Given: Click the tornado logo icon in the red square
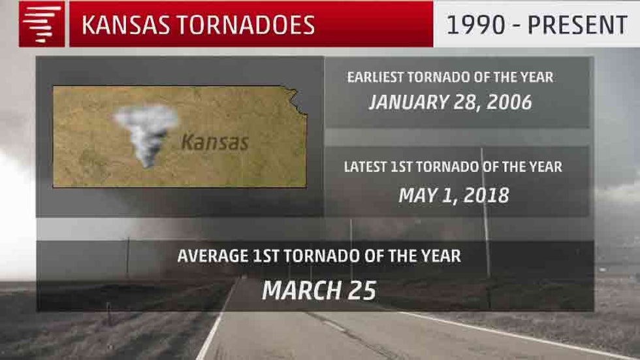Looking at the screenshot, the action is [x=42, y=24].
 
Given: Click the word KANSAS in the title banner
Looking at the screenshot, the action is [x=125, y=25].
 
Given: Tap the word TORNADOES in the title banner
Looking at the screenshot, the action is [x=246, y=25].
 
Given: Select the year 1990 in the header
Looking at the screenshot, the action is [x=476, y=25].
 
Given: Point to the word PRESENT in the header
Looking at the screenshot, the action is [x=577, y=25].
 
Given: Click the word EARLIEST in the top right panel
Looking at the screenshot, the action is [x=374, y=77].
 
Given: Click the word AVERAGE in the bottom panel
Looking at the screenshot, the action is [x=213, y=256].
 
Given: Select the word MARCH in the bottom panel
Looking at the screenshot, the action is [x=302, y=290].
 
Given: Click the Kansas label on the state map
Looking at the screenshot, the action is [x=215, y=142].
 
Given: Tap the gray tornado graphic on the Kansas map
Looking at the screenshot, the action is [x=146, y=135].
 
